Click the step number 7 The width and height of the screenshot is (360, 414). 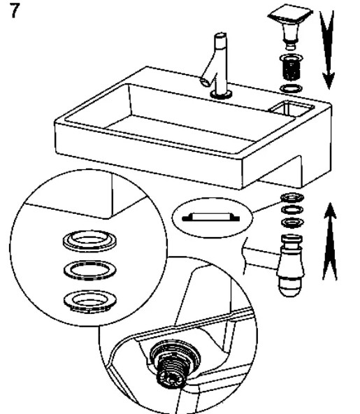(15, 10)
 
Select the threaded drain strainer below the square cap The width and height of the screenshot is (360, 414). (291, 67)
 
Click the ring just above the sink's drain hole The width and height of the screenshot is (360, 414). (291, 88)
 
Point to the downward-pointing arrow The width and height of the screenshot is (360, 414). (328, 50)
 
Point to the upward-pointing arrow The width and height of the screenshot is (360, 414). (330, 241)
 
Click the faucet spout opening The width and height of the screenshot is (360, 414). (205, 82)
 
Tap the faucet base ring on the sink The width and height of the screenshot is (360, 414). (221, 94)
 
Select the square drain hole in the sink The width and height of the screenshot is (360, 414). (291, 108)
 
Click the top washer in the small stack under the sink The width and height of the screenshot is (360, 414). (292, 197)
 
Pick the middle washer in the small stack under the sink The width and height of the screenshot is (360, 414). (292, 210)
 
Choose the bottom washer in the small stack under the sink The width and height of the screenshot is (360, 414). (292, 222)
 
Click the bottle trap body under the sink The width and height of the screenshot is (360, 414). (291, 265)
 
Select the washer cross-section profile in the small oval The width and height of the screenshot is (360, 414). (211, 217)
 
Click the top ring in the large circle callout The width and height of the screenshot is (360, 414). (89, 241)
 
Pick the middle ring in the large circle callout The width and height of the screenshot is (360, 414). (90, 269)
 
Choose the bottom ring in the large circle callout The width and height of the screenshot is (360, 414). (90, 301)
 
